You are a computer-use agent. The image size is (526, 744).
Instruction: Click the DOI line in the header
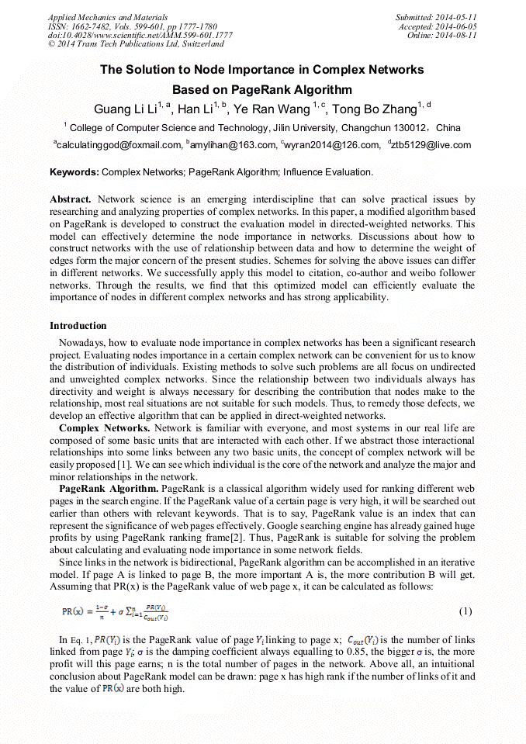[140, 35]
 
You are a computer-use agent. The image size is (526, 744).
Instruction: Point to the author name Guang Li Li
[125, 108]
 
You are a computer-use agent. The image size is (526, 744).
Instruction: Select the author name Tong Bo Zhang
[374, 108]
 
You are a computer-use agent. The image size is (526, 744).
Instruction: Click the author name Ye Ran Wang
[277, 108]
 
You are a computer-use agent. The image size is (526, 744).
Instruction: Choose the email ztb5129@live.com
[431, 145]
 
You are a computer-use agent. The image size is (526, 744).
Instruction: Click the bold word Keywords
[74, 171]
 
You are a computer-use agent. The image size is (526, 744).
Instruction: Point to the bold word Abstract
[71, 199]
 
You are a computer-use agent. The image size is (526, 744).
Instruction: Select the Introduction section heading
[78, 325]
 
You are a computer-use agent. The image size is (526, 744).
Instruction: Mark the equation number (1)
[465, 611]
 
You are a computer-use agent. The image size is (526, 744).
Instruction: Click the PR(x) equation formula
[116, 612]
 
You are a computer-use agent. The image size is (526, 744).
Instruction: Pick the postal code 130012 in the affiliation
[407, 128]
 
